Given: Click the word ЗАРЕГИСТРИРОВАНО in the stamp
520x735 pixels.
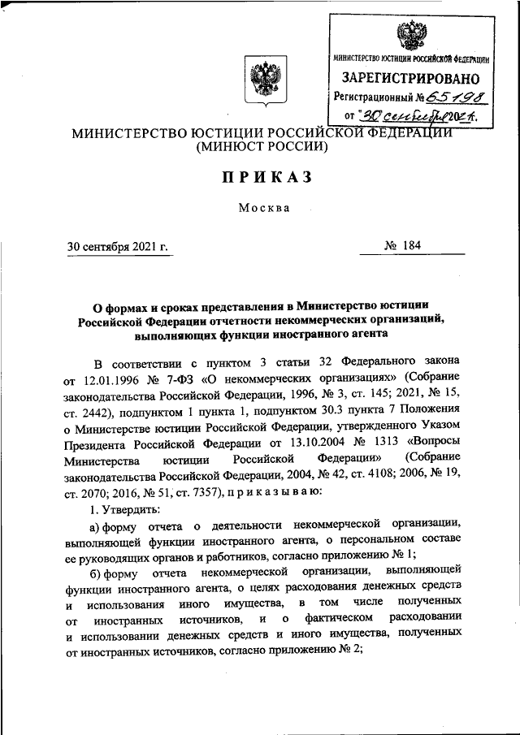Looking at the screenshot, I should click(410, 80).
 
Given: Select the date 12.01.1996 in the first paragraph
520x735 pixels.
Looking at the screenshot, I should click(112, 378).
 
